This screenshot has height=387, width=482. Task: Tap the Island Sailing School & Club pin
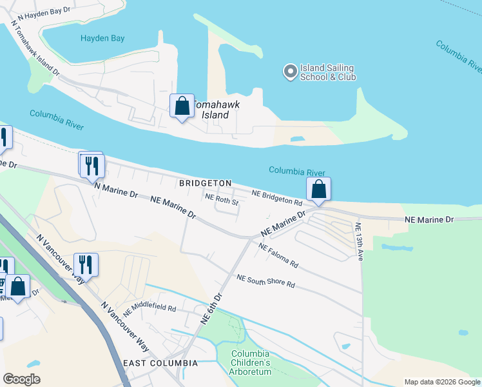(291, 71)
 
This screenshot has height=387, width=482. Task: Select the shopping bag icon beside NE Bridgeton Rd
(318, 190)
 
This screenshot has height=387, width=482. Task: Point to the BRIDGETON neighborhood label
(205, 183)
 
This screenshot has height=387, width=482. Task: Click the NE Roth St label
(222, 200)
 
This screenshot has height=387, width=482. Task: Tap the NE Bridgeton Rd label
(277, 197)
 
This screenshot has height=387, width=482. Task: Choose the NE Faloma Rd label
(278, 255)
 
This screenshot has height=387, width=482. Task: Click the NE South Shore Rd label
(265, 281)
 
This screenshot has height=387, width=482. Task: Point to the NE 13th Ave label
(358, 242)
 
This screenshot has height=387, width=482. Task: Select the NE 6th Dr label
(211, 308)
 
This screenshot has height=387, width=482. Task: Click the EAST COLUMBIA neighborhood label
(160, 363)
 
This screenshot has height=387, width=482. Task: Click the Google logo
(21, 379)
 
